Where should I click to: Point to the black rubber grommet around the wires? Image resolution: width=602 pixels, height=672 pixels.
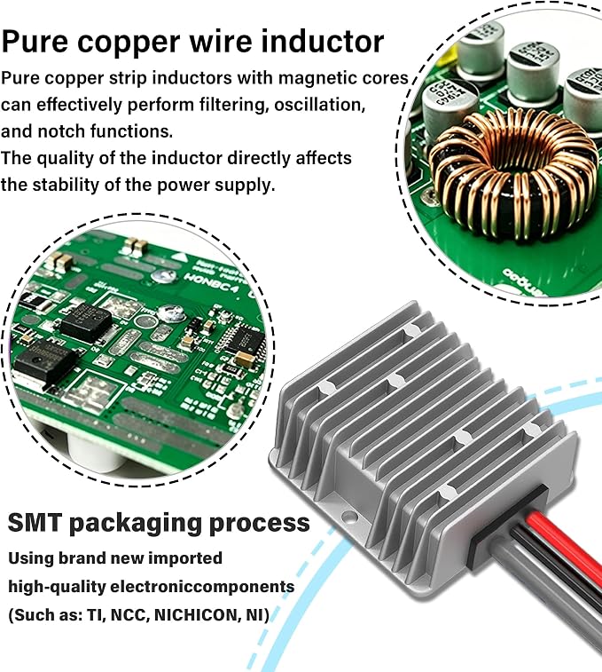point(509,527)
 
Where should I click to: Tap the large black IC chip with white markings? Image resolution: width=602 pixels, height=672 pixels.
point(86,320)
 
